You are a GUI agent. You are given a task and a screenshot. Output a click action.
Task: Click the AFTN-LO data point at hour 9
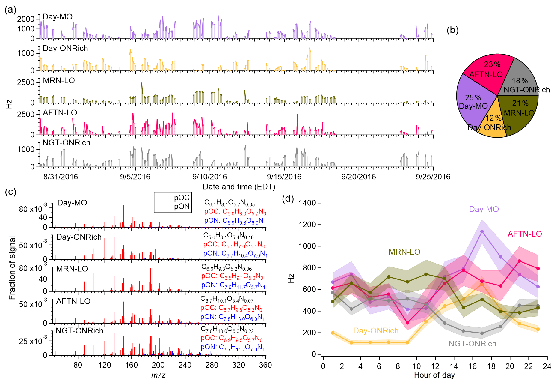pyautogui.click(x=407, y=323)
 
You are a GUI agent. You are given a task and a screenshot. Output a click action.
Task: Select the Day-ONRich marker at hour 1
pyautogui.click(x=333, y=333)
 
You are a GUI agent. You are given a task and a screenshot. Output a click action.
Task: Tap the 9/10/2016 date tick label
pyautogui.click(x=209, y=177)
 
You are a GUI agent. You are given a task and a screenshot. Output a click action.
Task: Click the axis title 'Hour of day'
pyautogui.click(x=434, y=375)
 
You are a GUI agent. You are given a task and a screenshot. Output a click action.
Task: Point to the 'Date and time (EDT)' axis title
pyautogui.click(x=239, y=187)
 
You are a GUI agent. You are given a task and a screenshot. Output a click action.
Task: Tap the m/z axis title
pyautogui.click(x=158, y=375)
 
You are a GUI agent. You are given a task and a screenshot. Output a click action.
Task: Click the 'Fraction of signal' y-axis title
pyautogui.click(x=12, y=268)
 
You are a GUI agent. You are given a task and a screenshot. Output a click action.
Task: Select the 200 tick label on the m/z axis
pyautogui.click(x=158, y=365)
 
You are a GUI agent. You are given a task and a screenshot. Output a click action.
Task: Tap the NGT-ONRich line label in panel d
pyautogui.click(x=472, y=344)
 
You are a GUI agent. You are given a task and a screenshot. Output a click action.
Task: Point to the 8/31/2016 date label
pyautogui.click(x=61, y=177)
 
